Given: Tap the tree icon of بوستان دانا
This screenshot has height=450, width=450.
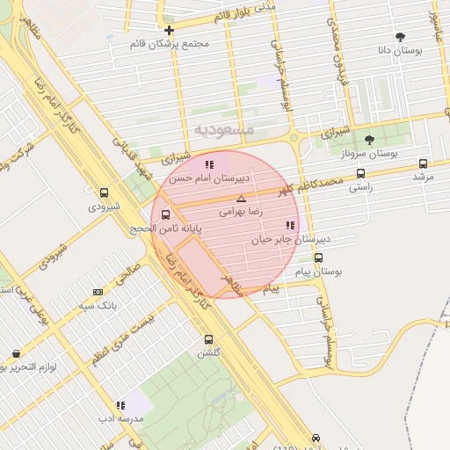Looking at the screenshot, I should (x=401, y=37).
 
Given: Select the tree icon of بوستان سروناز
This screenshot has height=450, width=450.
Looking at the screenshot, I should (x=369, y=139).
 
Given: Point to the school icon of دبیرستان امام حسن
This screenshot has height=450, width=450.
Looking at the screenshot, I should (x=209, y=163).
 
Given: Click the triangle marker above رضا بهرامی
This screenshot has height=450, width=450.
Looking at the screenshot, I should (x=241, y=200).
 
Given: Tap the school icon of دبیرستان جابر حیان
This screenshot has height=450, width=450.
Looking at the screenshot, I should (x=290, y=225).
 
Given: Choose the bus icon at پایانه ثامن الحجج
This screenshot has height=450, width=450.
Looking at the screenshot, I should (x=166, y=214).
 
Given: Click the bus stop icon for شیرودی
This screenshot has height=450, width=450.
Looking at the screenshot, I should (x=105, y=192).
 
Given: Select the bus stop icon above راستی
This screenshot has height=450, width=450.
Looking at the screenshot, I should (x=360, y=173).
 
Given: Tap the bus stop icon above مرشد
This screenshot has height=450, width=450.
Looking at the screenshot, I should (x=424, y=163).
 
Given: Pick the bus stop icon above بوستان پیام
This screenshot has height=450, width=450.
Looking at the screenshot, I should (x=318, y=258).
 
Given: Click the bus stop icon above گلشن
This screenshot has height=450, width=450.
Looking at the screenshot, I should (x=208, y=339).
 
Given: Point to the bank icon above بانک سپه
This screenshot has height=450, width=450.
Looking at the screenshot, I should (x=97, y=292).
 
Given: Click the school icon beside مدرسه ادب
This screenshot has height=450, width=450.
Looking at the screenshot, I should (x=120, y=405).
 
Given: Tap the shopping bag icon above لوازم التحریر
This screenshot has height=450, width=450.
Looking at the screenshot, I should (x=16, y=353).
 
